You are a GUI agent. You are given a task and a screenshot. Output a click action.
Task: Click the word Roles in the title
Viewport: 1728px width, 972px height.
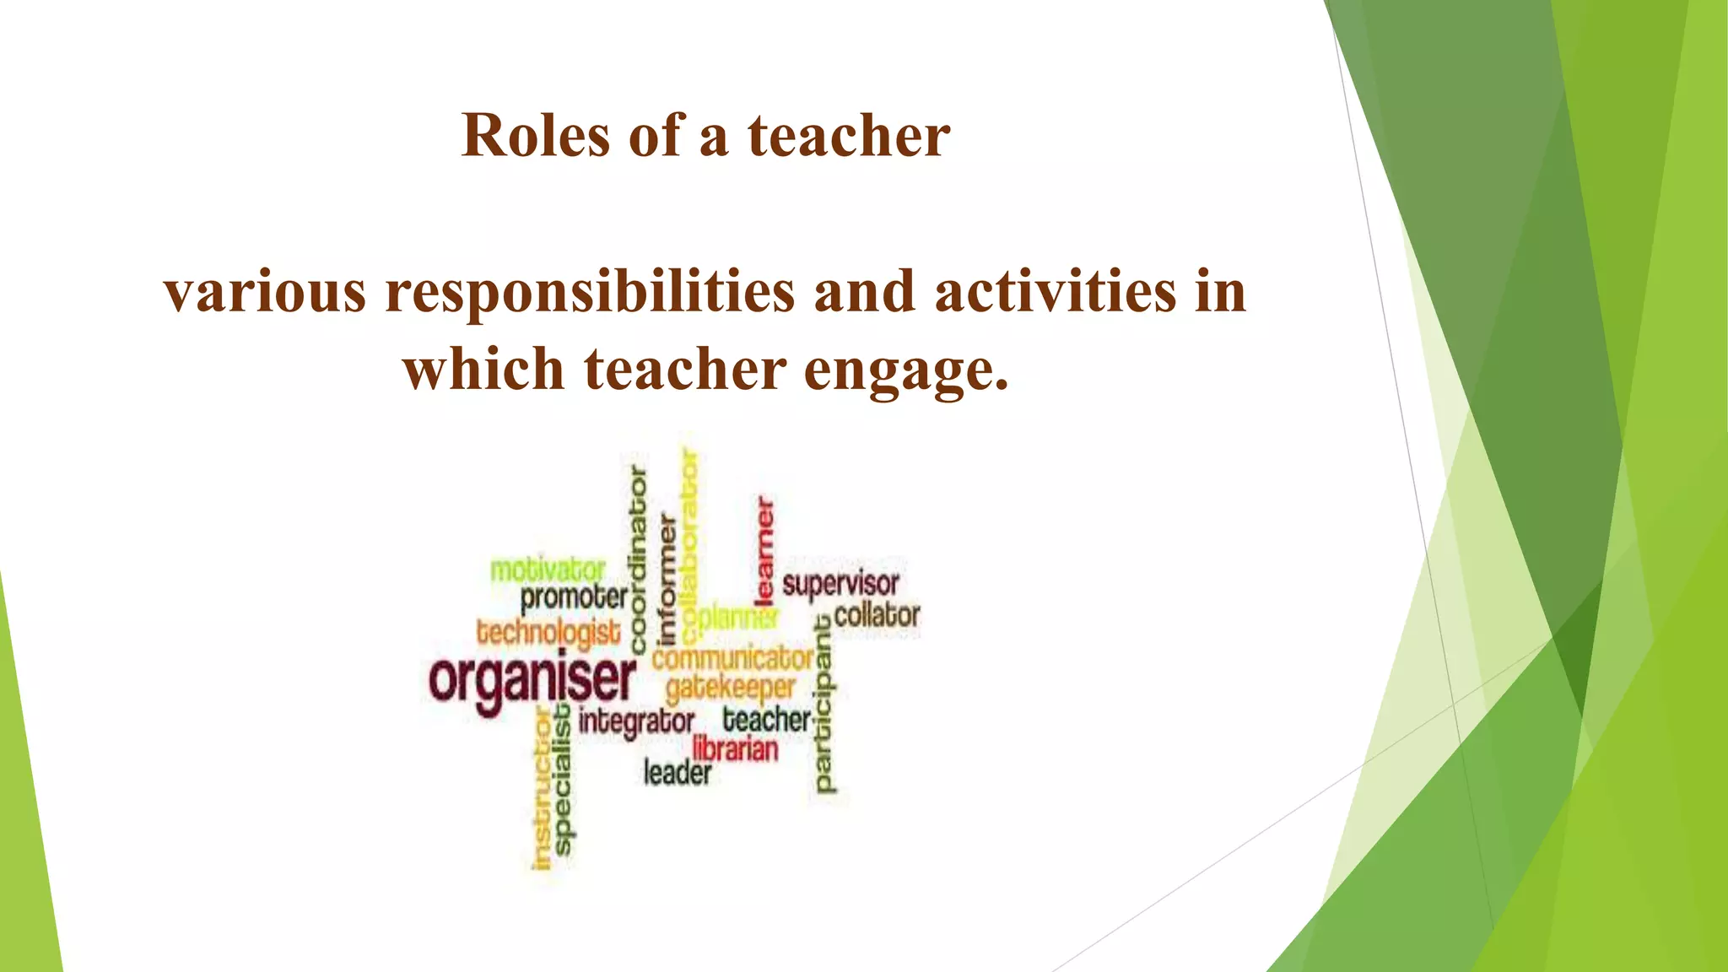click(x=535, y=136)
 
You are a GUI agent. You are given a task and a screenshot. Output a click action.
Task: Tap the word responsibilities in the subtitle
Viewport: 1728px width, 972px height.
click(x=590, y=292)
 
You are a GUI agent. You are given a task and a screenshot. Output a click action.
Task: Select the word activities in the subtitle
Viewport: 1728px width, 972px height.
click(x=1055, y=292)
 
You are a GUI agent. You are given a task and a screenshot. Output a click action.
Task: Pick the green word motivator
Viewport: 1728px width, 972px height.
click(x=548, y=570)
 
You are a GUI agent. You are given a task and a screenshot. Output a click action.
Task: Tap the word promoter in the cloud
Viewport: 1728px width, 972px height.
click(x=574, y=598)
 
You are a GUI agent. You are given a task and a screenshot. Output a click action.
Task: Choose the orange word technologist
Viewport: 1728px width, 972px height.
click(x=548, y=632)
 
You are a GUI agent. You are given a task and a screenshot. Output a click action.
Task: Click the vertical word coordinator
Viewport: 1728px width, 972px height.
click(x=639, y=559)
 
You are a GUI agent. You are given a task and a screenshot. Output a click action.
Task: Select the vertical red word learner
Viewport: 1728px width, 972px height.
click(x=764, y=550)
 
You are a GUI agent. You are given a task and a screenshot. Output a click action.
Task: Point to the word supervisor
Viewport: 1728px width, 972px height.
click(x=840, y=584)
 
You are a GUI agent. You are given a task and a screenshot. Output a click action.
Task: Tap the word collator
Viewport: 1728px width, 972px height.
click(x=877, y=615)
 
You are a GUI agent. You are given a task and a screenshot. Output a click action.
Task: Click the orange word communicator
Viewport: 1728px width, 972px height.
click(x=732, y=658)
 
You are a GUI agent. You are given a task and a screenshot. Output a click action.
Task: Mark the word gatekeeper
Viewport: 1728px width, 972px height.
click(x=731, y=688)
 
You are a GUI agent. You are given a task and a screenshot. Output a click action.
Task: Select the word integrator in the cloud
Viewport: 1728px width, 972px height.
click(x=636, y=721)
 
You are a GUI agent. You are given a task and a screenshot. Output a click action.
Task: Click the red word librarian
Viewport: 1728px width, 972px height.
click(x=735, y=748)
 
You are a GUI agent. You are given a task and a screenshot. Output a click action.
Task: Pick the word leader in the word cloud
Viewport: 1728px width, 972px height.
click(x=678, y=772)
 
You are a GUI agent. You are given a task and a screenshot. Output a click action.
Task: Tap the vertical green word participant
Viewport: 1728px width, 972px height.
click(x=823, y=705)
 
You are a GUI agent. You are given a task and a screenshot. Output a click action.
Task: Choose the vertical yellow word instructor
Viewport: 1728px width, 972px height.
click(x=543, y=789)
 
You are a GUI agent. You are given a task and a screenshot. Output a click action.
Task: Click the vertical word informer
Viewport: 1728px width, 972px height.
click(x=667, y=579)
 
